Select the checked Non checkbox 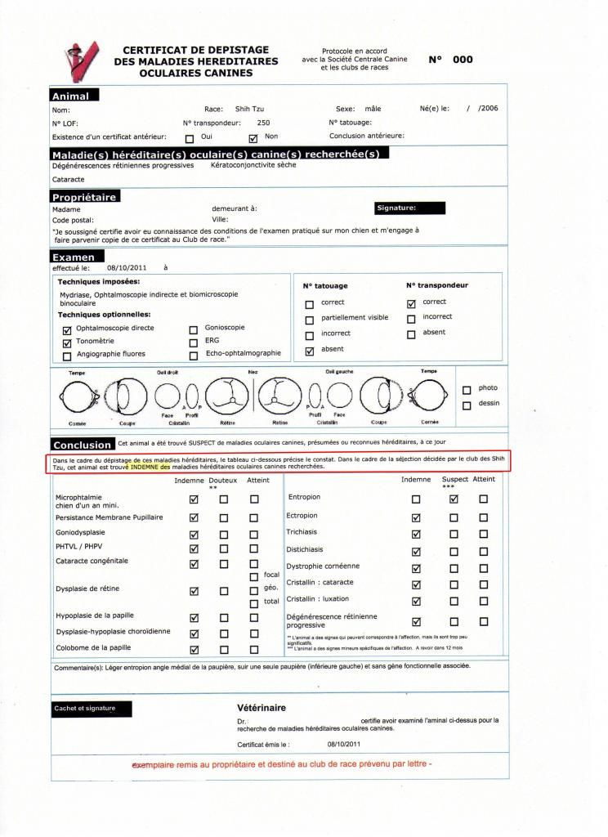click(253, 137)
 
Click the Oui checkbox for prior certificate click(190, 137)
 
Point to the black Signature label click(409, 208)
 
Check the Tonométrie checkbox click(67, 342)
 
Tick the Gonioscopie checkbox click(193, 329)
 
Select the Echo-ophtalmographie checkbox click(193, 356)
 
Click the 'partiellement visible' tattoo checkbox click(309, 320)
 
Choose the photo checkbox click(467, 389)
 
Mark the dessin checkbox click(467, 405)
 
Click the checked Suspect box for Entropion click(454, 499)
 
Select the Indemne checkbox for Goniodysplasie click(194, 535)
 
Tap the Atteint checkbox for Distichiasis click(484, 551)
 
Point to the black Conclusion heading click(83, 445)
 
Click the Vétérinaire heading click(262, 707)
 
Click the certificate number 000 click(463, 60)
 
